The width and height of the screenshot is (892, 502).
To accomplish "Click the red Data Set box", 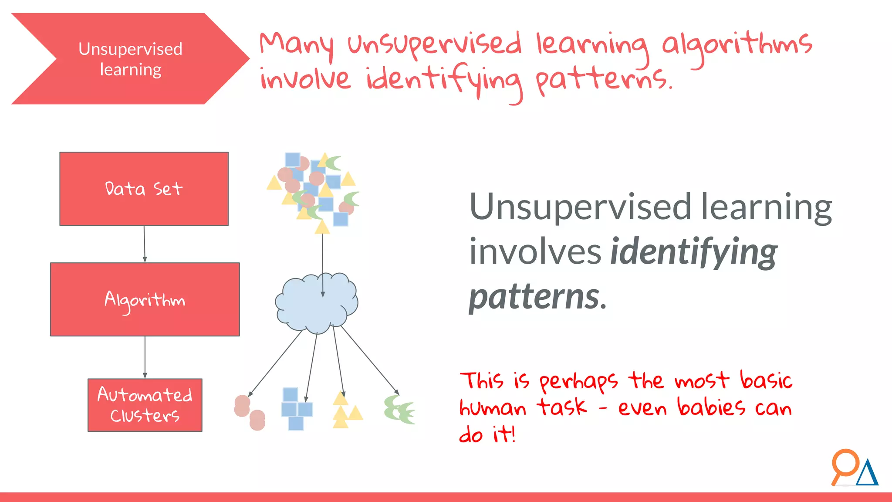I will (x=144, y=189).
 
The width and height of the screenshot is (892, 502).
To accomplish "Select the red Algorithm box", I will (x=145, y=299).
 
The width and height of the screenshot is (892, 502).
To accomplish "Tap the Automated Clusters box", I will (x=145, y=405).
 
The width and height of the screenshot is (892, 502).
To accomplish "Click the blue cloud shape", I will (x=316, y=303).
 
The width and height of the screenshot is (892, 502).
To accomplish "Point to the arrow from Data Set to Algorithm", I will (x=145, y=244).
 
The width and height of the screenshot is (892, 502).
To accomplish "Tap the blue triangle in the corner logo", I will (x=867, y=474).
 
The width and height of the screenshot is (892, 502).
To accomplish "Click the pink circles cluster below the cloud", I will (x=249, y=412).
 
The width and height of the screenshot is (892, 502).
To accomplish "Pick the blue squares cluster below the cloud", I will (x=297, y=409).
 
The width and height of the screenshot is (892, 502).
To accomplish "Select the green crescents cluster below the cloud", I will (x=399, y=410).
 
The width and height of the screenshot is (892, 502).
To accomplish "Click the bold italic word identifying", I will (x=693, y=252).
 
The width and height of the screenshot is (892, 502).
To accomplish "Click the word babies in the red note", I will (x=711, y=407).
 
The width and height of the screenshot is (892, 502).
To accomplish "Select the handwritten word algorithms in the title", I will (x=737, y=44).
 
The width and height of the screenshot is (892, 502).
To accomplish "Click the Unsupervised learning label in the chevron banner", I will (x=130, y=59).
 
